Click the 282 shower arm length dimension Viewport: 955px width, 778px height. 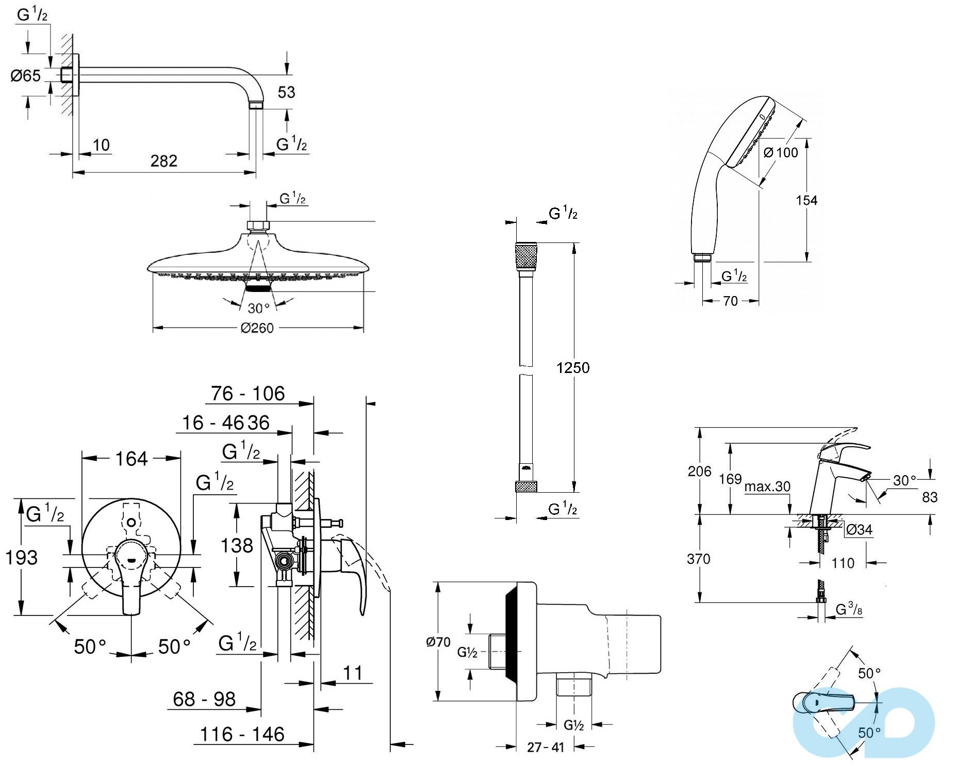point(164,161)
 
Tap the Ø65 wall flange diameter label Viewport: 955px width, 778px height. point(26,76)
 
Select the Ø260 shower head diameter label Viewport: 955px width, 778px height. point(257,328)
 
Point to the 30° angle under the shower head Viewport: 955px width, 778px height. point(258,309)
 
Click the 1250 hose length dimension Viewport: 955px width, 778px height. point(573,367)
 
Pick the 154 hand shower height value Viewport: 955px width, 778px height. point(806,200)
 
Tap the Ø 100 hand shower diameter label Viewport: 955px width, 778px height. point(781,152)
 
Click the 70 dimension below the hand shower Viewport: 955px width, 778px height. point(730,301)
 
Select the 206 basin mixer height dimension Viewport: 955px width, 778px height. point(699,471)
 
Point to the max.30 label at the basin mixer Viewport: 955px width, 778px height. point(767,487)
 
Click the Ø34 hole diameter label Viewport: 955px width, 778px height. point(859,529)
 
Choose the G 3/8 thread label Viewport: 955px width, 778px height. point(849,610)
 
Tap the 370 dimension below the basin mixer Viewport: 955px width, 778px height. point(699,559)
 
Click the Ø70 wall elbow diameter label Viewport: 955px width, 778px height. point(438,642)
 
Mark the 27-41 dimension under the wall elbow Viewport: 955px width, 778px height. point(546,747)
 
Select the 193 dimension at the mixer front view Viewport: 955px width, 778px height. point(21,557)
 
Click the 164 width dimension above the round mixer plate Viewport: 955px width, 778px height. point(131,459)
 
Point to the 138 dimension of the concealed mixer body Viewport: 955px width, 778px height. point(237,546)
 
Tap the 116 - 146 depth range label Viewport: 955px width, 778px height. point(242,734)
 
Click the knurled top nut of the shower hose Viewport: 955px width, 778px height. point(525,255)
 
